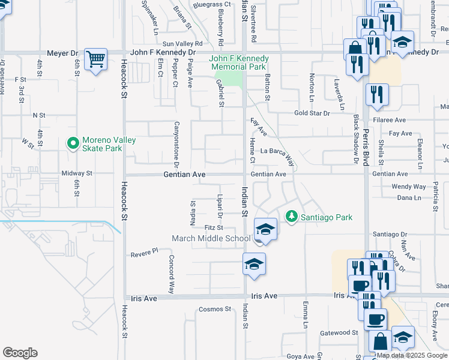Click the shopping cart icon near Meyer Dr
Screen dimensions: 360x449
[95, 59]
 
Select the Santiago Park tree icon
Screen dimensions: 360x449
[291, 216]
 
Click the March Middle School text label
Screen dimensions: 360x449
[211, 238]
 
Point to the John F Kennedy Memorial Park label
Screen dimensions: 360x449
[238, 63]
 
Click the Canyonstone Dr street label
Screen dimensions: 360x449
[176, 144]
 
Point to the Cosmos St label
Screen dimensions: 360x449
[214, 309]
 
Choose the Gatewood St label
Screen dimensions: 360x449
[339, 332]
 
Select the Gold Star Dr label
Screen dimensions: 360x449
[312, 113]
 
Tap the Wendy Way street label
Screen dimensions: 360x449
[408, 187]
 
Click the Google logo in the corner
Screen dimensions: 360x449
[20, 353]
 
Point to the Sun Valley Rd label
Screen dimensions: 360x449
[182, 44]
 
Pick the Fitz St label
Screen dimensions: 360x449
[214, 227]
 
